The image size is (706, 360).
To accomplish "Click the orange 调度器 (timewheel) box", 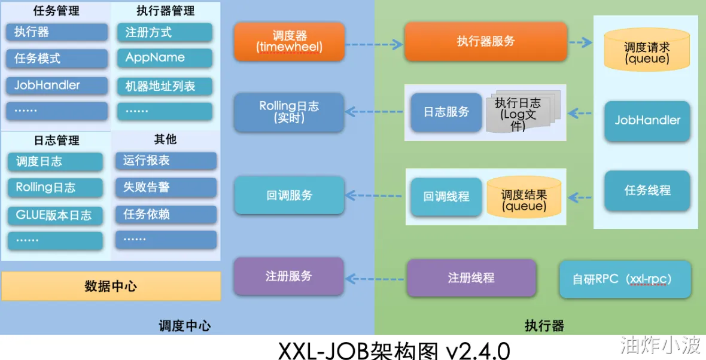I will tap(289, 41).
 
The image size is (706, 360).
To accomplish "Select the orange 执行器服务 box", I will tap(485, 41).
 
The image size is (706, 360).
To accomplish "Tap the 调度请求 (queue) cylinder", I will tap(646, 52).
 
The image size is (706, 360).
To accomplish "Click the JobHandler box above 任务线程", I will tap(647, 120).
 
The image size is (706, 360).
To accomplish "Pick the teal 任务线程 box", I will tap(647, 191).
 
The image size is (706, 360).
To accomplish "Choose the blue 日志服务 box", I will tap(446, 112).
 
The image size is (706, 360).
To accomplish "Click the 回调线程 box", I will tap(446, 196).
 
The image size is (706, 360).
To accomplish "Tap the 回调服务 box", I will tap(289, 196).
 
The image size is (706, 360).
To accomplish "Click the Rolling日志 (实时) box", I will tap(289, 112).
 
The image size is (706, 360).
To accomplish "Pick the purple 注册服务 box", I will tap(288, 276).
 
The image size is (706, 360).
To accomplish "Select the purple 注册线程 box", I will tap(471, 277).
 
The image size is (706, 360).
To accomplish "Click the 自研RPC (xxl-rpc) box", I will tap(625, 279).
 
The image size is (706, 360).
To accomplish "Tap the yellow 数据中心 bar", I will tap(111, 286).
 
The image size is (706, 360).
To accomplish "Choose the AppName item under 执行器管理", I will tap(164, 58).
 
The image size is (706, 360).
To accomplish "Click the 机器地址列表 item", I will tap(164, 86).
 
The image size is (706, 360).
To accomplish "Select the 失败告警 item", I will tap(166, 187).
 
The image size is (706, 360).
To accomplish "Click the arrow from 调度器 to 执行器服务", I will tap(374, 44).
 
